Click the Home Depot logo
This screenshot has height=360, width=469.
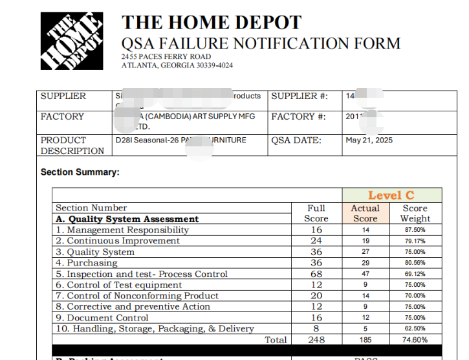pos(72,40)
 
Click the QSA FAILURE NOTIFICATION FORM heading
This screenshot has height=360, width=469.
pos(261,44)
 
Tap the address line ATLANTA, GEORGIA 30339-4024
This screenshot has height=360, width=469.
pos(177,65)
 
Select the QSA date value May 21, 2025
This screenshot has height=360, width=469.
pos(369,140)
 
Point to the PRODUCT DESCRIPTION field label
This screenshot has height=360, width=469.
pos(72,145)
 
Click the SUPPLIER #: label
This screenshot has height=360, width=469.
pos(300,96)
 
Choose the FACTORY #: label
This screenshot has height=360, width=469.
pos(298,117)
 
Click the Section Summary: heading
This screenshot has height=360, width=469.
pos(80,172)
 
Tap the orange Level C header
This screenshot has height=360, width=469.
pos(391,195)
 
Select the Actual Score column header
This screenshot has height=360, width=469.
pos(365,213)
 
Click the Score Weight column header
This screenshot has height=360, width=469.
pos(415,213)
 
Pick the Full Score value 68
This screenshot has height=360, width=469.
pos(316,274)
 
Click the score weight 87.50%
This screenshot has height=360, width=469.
pos(415,230)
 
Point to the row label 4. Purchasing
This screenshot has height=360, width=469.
pos(87,263)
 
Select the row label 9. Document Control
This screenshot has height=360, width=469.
pos(102,318)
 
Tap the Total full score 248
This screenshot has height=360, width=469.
pos(316,340)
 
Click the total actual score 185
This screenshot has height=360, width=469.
pos(365,340)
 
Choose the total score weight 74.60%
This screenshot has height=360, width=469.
pos(415,340)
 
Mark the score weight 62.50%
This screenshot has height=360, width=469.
pos(415,329)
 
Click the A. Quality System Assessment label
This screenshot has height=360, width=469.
pos(127,219)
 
